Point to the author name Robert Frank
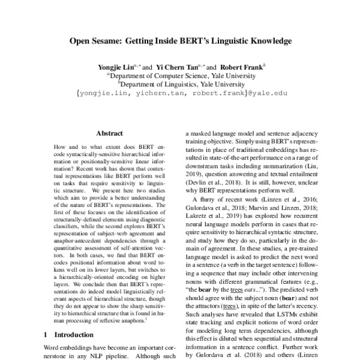tap(239, 67)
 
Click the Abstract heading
tap(109, 133)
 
